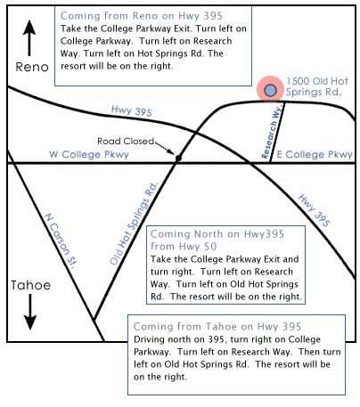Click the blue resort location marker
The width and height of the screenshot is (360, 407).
[x=270, y=90]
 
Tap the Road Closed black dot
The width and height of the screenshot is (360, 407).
[x=178, y=159]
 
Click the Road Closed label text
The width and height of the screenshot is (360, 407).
[x=126, y=141]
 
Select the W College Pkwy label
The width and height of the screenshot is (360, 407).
[x=89, y=154]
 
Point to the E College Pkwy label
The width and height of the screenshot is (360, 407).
[x=315, y=154]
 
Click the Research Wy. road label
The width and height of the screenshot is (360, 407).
[x=271, y=131]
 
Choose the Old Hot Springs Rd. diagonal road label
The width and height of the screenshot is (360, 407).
[x=134, y=224]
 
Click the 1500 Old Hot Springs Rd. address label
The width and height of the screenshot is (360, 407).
[x=316, y=86]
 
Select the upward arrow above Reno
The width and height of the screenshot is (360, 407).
[x=29, y=38]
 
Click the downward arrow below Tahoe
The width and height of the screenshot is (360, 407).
[x=30, y=312]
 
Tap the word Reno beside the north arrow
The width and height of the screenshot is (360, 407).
[x=32, y=67]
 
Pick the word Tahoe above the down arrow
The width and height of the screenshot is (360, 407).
[x=31, y=285]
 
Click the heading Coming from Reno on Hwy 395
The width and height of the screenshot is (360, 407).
[x=142, y=16]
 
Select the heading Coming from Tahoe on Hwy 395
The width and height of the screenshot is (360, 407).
[x=217, y=327]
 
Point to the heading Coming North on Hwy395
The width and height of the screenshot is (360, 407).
[x=217, y=234]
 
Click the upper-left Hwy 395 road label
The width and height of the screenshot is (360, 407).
[x=132, y=110]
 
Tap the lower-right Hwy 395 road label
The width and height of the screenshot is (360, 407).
[x=314, y=210]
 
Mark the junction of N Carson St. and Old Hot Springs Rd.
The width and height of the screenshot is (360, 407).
[x=94, y=320]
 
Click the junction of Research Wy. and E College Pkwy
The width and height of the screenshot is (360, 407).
[x=270, y=163]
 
